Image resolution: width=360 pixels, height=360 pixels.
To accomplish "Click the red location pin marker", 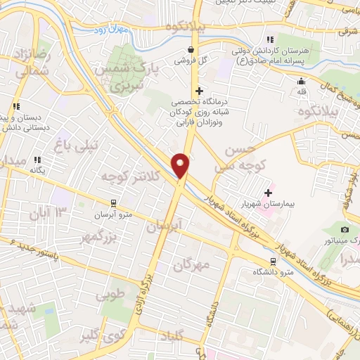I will click(181, 165).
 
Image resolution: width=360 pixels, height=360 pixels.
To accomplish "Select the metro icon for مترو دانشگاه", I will click(274, 262).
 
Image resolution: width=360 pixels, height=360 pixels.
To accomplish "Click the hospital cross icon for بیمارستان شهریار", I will click(268, 193).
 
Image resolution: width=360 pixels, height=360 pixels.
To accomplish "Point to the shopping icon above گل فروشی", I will click(192, 49).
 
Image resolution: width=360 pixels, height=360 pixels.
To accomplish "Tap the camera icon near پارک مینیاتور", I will click(345, 230).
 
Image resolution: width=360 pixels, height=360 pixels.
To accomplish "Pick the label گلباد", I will click(174, 334).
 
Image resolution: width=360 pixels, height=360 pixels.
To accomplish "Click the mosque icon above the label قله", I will click(300, 81).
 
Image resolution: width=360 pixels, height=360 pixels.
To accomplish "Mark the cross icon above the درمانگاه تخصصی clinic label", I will click(200, 91).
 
